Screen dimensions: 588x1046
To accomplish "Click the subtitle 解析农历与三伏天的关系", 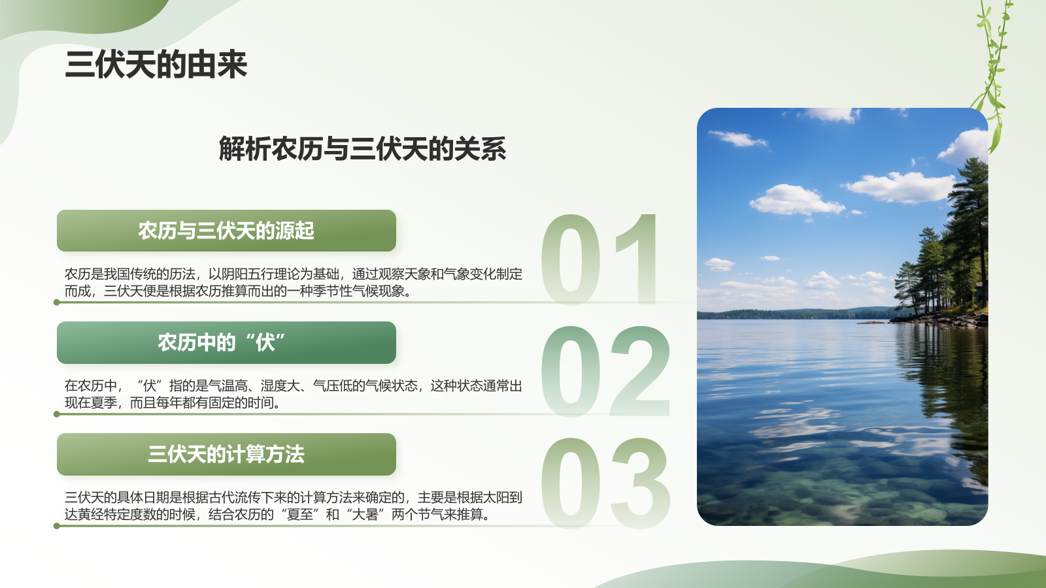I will (x=362, y=149).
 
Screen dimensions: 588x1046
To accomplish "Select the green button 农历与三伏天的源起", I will (x=226, y=231).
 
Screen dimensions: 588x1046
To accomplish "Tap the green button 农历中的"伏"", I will (x=226, y=342).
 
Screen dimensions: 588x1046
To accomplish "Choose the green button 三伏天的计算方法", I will (x=226, y=454).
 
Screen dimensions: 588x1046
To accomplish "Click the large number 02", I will (x=605, y=371).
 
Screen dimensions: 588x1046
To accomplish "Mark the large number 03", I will (x=605, y=483).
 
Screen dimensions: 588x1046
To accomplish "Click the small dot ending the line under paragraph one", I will (x=57, y=302).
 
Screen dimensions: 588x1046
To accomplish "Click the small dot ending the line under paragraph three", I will (x=57, y=526).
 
